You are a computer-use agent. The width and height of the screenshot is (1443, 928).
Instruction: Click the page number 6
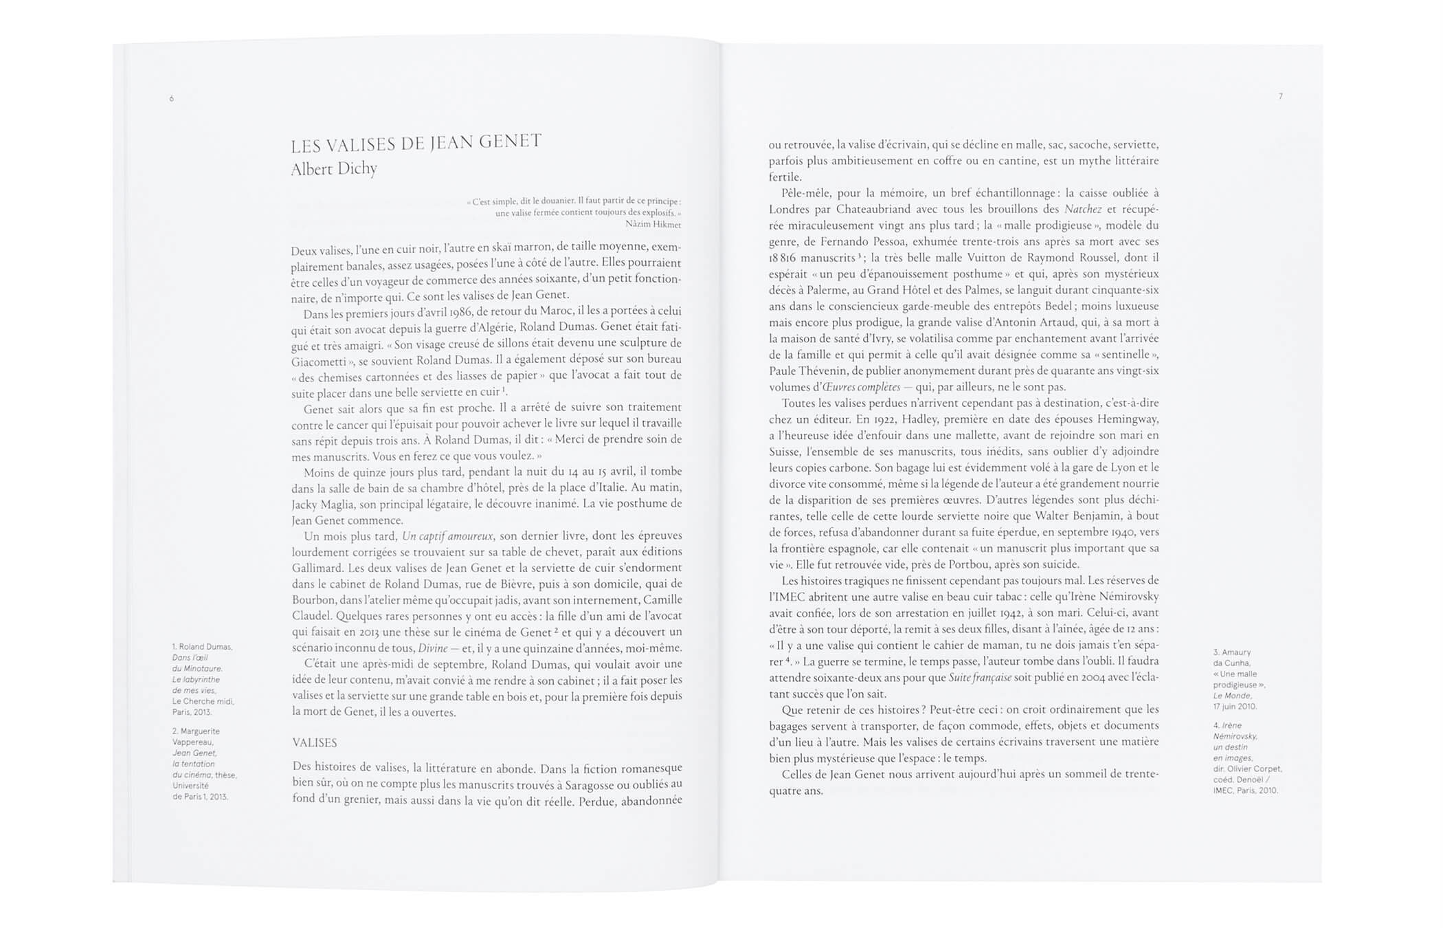(x=172, y=99)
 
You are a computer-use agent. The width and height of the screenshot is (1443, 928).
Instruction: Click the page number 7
(x=1280, y=96)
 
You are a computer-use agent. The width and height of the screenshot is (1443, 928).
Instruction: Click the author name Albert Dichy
(x=334, y=169)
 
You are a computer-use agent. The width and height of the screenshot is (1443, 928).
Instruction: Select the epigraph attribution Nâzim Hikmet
(x=653, y=224)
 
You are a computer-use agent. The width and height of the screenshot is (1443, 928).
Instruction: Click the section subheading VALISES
(x=315, y=743)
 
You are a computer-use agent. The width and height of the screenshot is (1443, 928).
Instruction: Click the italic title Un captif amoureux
(x=447, y=536)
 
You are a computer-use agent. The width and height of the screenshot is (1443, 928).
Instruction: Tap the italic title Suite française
(x=980, y=678)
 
